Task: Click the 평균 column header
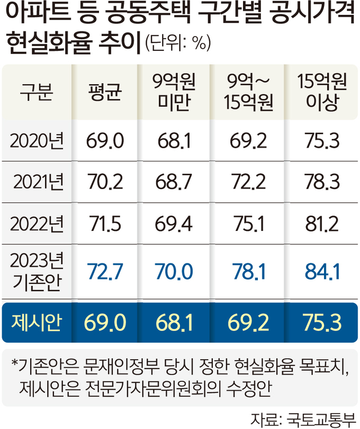[x=104, y=94]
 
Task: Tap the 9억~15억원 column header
[x=248, y=94]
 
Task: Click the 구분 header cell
[x=35, y=94]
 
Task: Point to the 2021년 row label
[x=38, y=182]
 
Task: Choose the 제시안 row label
[x=35, y=321]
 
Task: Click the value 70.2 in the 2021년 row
[x=104, y=182]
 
